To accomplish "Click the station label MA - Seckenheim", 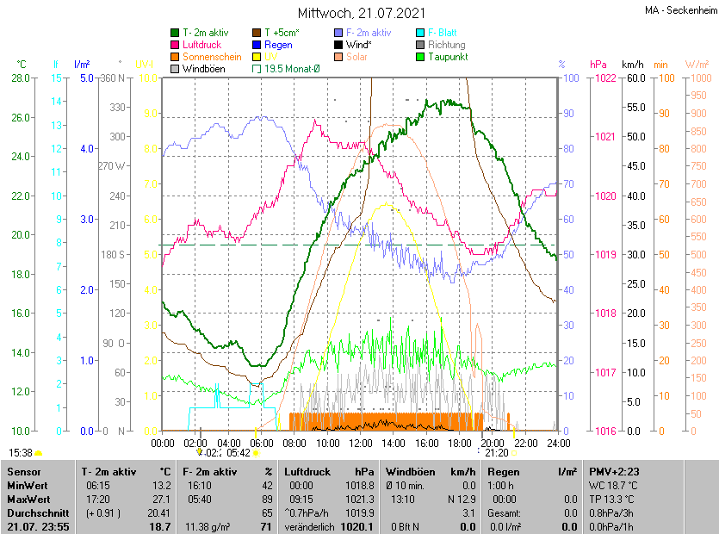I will (679, 10).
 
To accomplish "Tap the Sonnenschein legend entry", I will (212, 57).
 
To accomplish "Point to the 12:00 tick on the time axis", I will (360, 444).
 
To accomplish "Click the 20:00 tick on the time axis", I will (493, 444).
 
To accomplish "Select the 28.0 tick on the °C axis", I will (21, 78).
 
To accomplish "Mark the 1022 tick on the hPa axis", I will (604, 78).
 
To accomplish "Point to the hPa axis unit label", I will (598, 65).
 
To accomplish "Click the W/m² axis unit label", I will (697, 65).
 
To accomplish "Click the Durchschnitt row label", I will (37, 512).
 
